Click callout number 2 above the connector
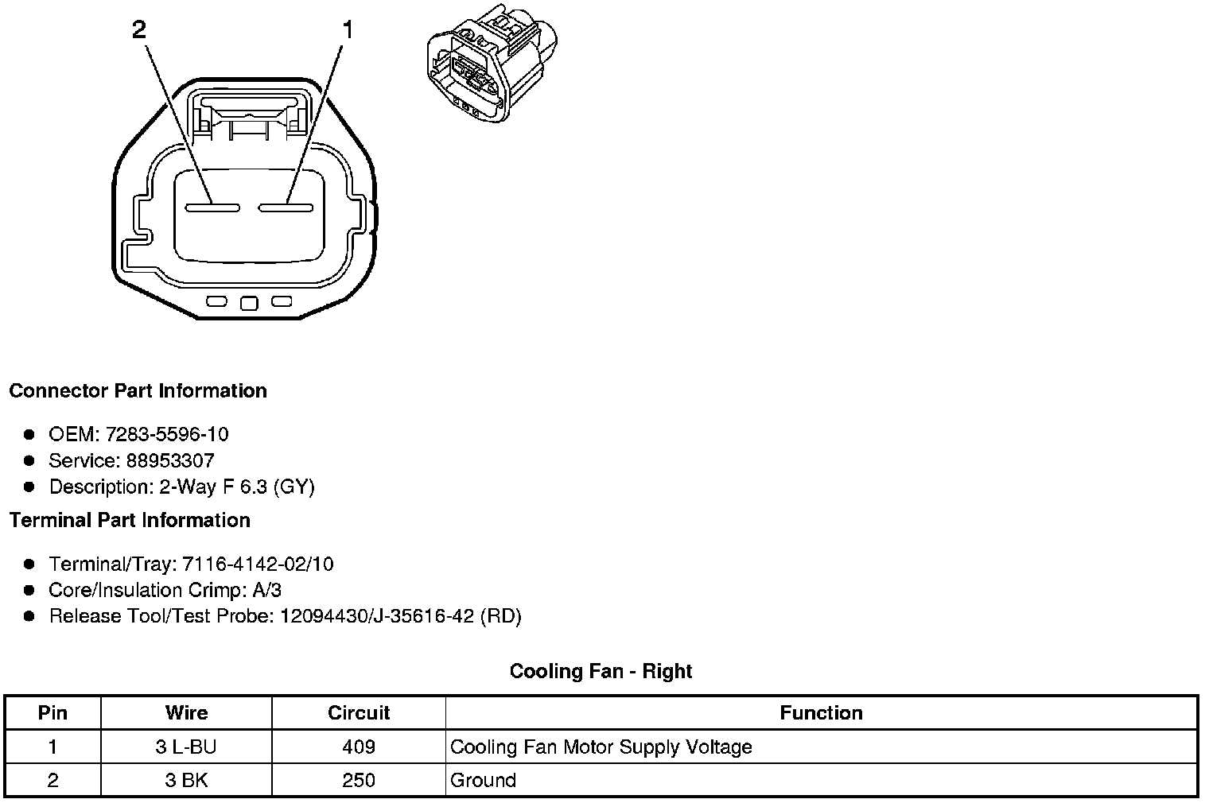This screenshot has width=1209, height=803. (x=139, y=30)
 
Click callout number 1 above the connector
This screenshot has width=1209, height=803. (x=347, y=30)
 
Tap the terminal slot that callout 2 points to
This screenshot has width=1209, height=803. (x=212, y=208)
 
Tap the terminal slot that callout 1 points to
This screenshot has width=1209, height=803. (x=285, y=208)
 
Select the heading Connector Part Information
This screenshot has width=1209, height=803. (x=138, y=391)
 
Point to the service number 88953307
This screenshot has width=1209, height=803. (x=170, y=460)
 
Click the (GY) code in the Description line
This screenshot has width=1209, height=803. (x=294, y=487)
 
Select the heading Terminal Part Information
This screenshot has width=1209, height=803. (x=130, y=521)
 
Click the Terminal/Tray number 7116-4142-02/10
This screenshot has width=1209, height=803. (x=258, y=564)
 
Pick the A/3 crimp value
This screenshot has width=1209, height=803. (x=265, y=590)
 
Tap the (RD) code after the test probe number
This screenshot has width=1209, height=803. (x=501, y=616)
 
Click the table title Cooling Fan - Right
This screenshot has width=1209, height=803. (x=601, y=672)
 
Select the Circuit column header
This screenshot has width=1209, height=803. (x=359, y=713)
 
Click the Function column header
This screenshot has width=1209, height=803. (x=821, y=713)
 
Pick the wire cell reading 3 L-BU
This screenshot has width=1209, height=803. (x=186, y=747)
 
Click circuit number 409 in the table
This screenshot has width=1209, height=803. (x=359, y=747)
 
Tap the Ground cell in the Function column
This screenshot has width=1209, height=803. (x=483, y=781)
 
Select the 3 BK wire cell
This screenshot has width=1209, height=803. (x=186, y=781)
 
